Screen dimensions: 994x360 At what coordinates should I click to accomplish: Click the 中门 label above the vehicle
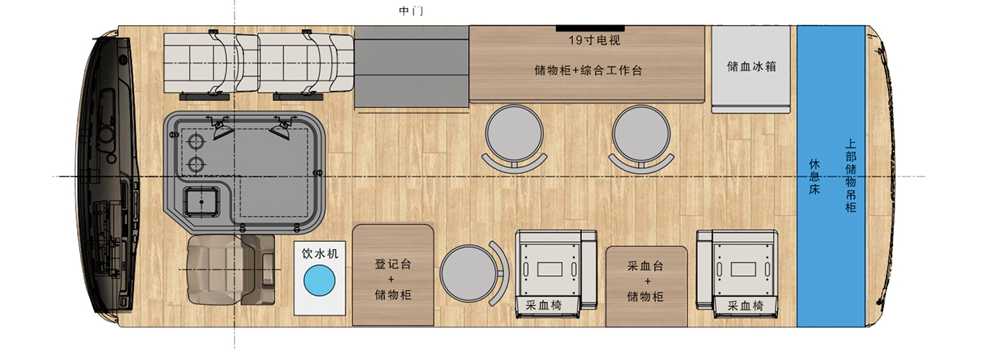[x=411, y=11]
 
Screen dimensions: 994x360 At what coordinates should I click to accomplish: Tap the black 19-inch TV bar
[x=590, y=29]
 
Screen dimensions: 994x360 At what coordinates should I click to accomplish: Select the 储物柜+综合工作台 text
[x=588, y=70]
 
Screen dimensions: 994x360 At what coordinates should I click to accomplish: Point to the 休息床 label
[x=814, y=176]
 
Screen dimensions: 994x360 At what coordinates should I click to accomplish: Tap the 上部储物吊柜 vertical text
[x=850, y=176]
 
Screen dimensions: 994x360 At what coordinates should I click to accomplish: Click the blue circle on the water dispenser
[x=319, y=281]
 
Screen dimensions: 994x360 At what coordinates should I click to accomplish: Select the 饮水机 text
[x=320, y=253]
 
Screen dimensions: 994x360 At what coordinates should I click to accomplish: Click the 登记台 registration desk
[x=393, y=275]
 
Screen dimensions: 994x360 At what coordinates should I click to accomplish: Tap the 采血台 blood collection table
[x=646, y=287]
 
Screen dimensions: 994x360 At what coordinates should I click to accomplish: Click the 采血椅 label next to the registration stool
[x=543, y=305]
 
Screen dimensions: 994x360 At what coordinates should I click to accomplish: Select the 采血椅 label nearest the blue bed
[x=745, y=305]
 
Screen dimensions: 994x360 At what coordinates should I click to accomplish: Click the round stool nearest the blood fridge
[x=641, y=135]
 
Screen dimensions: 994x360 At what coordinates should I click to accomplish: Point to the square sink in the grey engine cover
[x=202, y=202]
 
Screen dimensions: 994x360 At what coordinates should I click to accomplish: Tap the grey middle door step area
[x=411, y=66]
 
